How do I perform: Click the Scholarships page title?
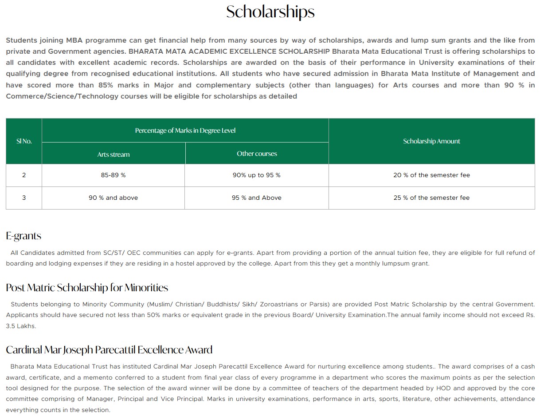coord(270,12)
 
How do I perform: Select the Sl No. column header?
coord(24,141)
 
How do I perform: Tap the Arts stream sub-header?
coord(113,155)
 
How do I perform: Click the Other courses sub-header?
coord(257,154)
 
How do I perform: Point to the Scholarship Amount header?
coord(431,141)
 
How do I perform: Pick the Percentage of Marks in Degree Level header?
coord(185,131)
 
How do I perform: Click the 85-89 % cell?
coord(113,175)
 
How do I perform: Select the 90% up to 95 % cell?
coord(257,175)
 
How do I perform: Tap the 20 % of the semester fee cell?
coord(431,175)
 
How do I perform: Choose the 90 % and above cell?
coord(113,198)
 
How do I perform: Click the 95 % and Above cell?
coord(257,198)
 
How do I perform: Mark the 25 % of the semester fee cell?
coord(431,198)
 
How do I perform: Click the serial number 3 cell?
coord(24,198)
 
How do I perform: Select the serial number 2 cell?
coord(24,175)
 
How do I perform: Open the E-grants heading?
coord(23,236)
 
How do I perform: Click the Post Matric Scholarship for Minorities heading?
coord(87,288)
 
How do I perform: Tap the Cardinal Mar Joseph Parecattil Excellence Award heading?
coord(109,350)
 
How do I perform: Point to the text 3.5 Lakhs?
coord(21,326)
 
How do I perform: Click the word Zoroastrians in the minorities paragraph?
coord(279,305)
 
